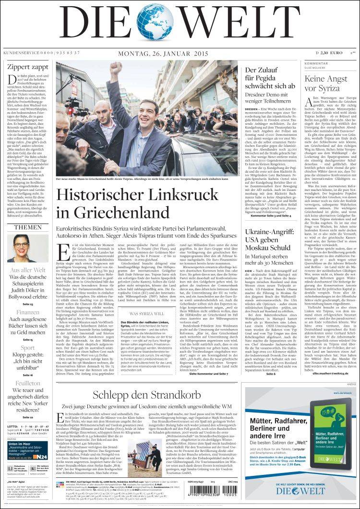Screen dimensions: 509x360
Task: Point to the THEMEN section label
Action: tap(27, 227)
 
